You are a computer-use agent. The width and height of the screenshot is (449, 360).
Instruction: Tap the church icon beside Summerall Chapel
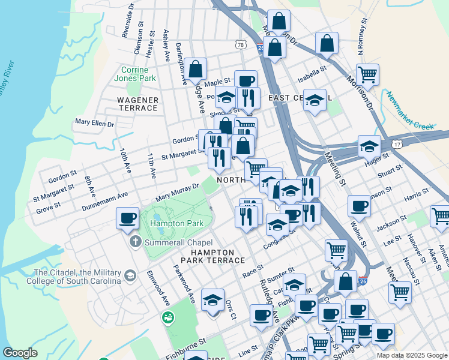[x=135, y=242]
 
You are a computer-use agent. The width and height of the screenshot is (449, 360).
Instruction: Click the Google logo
[x=20, y=353]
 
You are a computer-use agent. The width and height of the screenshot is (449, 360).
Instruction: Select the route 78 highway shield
[x=241, y=45]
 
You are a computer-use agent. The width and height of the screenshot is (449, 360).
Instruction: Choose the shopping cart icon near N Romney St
[x=367, y=74]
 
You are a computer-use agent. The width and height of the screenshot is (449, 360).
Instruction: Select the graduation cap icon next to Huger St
[x=369, y=146]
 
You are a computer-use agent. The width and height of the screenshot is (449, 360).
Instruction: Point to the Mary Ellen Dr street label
[x=94, y=122]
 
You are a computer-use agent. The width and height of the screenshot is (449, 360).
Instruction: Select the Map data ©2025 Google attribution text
[x=411, y=355]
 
